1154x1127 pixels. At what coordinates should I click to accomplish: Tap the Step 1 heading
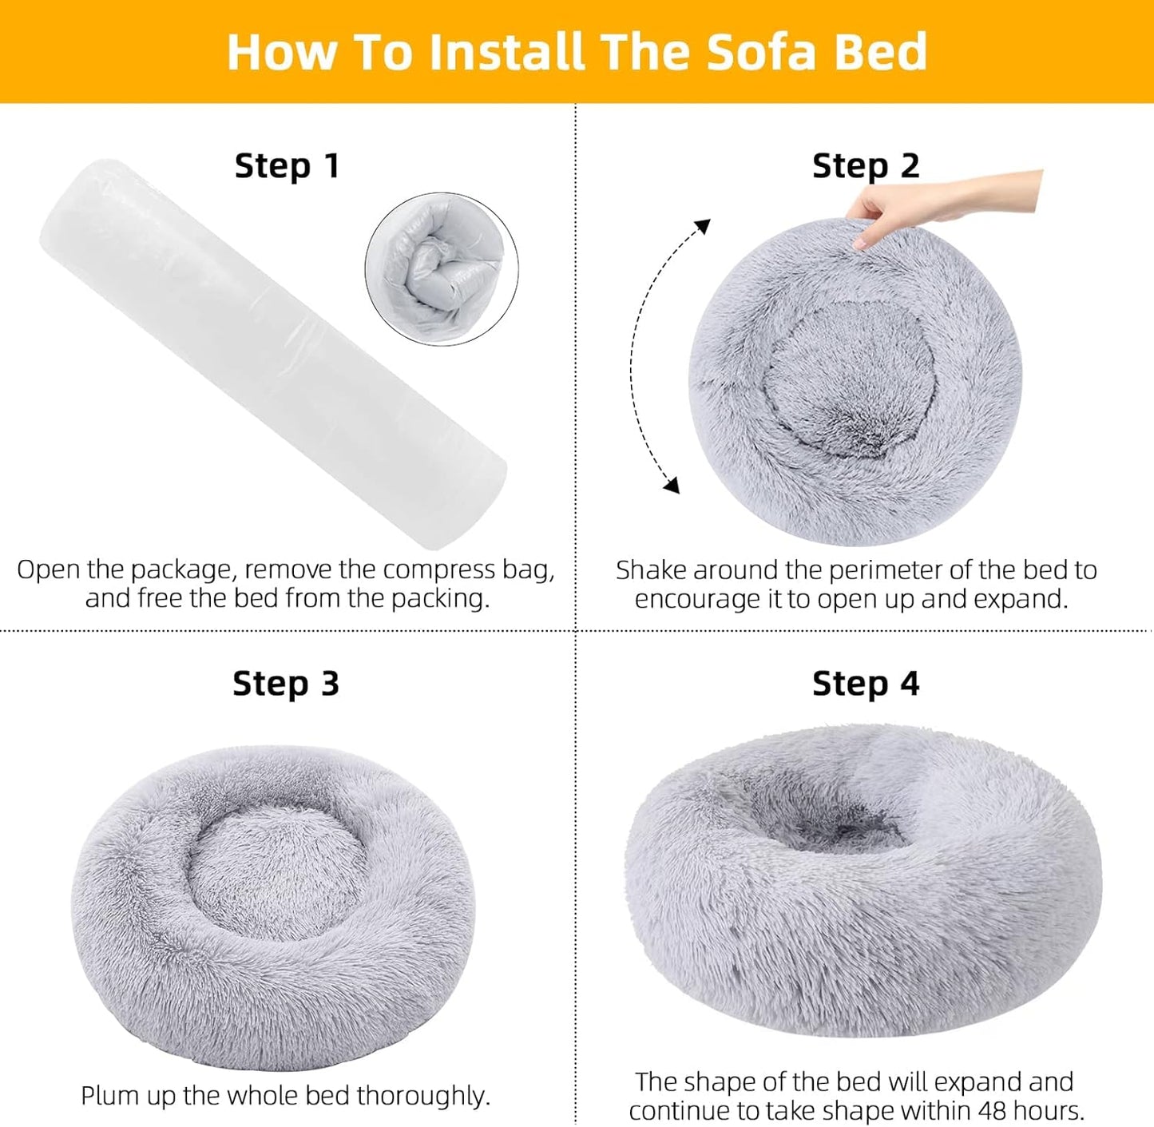click(287, 166)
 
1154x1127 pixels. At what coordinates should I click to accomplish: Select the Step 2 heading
click(866, 166)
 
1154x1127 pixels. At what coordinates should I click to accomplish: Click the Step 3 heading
click(286, 684)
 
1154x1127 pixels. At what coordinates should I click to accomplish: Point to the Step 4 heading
click(866, 684)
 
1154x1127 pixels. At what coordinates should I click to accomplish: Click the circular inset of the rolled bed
click(441, 268)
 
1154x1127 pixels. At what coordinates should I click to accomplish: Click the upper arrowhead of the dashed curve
click(702, 226)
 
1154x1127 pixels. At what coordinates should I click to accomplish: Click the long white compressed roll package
click(272, 351)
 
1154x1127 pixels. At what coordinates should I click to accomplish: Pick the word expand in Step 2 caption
click(1025, 599)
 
